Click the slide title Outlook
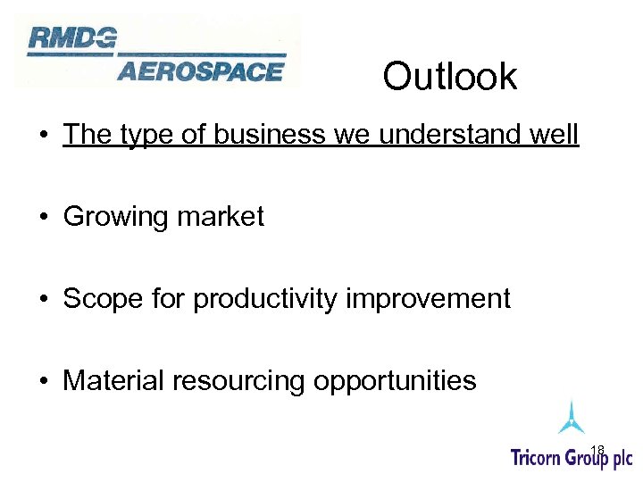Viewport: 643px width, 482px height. point(449,77)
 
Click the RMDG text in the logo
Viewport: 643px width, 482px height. point(71,37)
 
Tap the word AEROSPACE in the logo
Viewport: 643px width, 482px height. point(200,71)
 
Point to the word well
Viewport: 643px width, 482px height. point(555,135)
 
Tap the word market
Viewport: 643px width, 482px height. point(223,217)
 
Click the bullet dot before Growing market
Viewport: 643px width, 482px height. point(43,217)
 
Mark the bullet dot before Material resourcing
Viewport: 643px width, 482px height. point(43,381)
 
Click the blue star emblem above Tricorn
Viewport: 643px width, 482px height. point(571,418)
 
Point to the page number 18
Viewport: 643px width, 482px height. point(597,449)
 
